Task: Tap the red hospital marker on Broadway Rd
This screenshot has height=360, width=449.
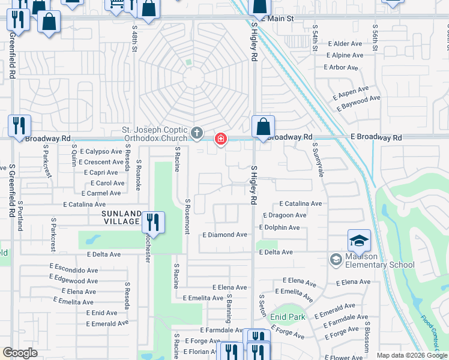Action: pyautogui.click(x=221, y=139)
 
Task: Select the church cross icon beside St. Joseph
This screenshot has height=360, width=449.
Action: pyautogui.click(x=196, y=133)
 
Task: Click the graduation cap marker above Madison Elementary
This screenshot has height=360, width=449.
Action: pyautogui.click(x=359, y=241)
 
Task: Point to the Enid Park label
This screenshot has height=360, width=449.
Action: pyautogui.click(x=288, y=317)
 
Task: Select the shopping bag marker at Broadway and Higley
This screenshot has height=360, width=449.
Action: pyautogui.click(x=263, y=127)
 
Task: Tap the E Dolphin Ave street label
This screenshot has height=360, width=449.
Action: pyautogui.click(x=279, y=227)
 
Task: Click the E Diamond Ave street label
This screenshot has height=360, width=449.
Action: pyautogui.click(x=224, y=235)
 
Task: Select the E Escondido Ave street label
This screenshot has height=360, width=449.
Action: pyautogui.click(x=74, y=266)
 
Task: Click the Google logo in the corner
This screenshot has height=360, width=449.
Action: pyautogui.click(x=20, y=353)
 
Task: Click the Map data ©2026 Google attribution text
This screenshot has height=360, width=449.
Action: pyautogui.click(x=412, y=355)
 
